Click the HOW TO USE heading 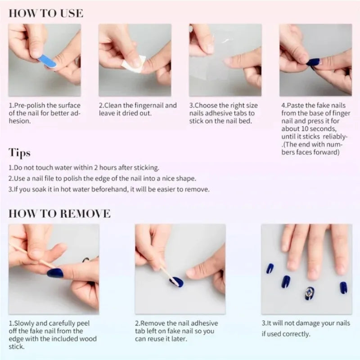click(x=45, y=13)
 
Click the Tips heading click(x=19, y=153)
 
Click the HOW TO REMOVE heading click(x=59, y=213)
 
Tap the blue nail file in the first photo click(x=47, y=61)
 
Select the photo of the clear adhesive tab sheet click(x=225, y=60)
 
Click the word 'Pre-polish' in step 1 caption click(x=31, y=105)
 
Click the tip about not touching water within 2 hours click(x=84, y=167)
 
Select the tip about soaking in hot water click(x=108, y=189)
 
